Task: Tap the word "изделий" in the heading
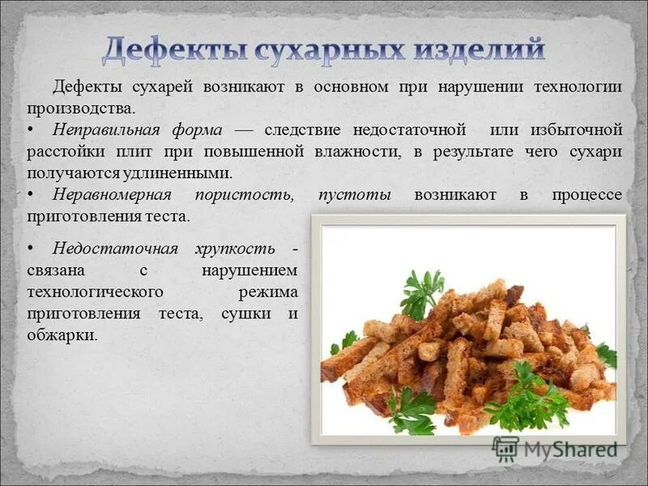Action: pyautogui.click(x=480, y=50)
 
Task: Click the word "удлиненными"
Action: pyautogui.click(x=182, y=173)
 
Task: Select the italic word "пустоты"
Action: pyautogui.click(x=355, y=195)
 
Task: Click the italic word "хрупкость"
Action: pyautogui.click(x=234, y=248)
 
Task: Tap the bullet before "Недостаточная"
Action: pyautogui.click(x=31, y=248)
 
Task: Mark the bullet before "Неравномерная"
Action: pyautogui.click(x=31, y=195)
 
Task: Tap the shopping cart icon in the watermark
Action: pyautogui.click(x=505, y=448)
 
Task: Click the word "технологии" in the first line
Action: pyautogui.click(x=576, y=87)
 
